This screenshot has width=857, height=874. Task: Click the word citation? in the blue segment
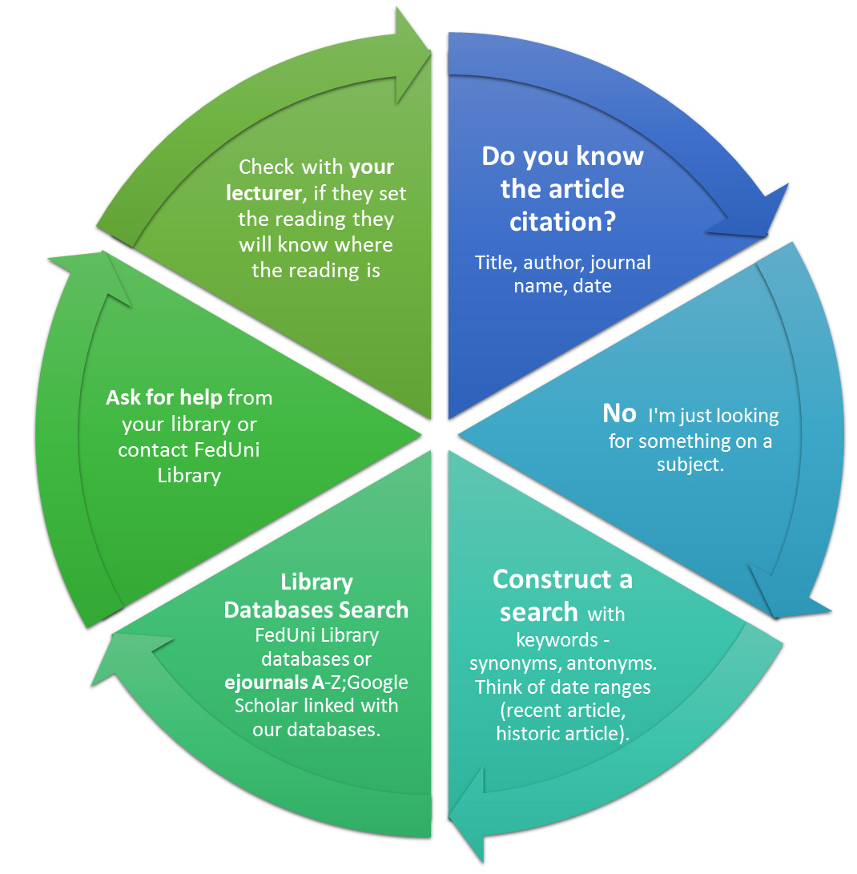coord(562,221)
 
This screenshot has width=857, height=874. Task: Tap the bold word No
coord(619,413)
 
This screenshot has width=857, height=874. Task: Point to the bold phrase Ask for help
coord(166,397)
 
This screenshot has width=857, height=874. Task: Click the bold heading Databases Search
coord(316,610)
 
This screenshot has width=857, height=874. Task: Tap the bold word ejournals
coord(272,683)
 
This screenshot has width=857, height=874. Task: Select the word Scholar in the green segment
coord(268,707)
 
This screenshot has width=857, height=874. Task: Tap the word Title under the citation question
coord(493,262)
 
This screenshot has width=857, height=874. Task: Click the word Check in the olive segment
coord(267,167)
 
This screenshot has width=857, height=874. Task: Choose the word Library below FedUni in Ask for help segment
coord(189,475)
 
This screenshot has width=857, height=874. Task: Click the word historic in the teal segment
coord(525,734)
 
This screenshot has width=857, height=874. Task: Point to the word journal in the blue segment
coord(620,262)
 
